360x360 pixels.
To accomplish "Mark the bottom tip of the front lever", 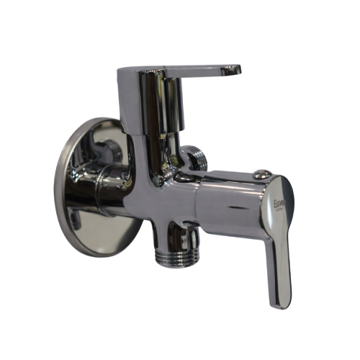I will click(281, 305).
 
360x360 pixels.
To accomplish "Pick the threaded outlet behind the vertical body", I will click(195, 158).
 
